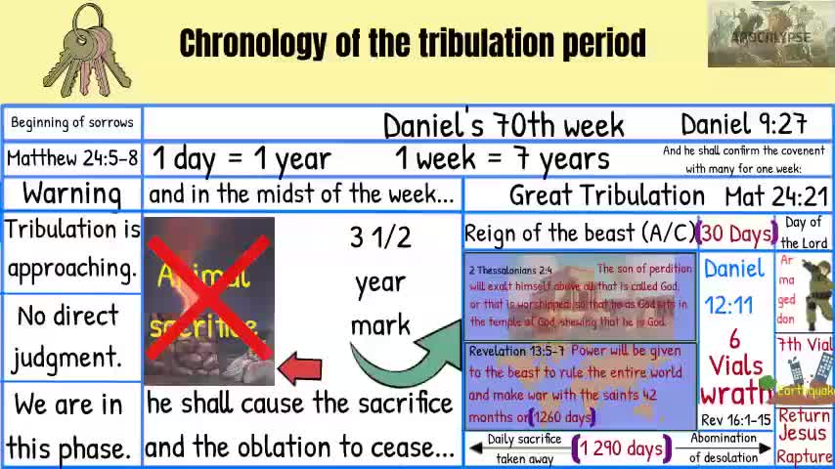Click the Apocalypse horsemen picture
click(770, 35)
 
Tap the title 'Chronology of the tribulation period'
click(413, 43)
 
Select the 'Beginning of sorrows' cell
click(72, 123)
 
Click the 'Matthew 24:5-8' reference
click(72, 157)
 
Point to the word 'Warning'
click(72, 193)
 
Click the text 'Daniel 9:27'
click(743, 124)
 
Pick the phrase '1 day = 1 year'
click(242, 158)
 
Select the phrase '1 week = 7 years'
click(502, 158)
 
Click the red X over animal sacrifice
click(208, 299)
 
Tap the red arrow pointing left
click(299, 368)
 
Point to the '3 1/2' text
click(380, 237)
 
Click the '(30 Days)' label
click(736, 234)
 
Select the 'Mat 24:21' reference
click(776, 195)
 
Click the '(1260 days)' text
click(560, 417)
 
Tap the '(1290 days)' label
click(619, 448)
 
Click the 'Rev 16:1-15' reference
click(735, 420)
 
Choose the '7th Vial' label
click(805, 345)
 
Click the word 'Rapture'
click(804, 456)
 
